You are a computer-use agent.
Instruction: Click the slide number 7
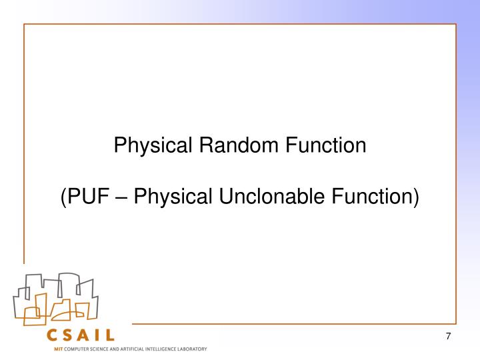point(449,336)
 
